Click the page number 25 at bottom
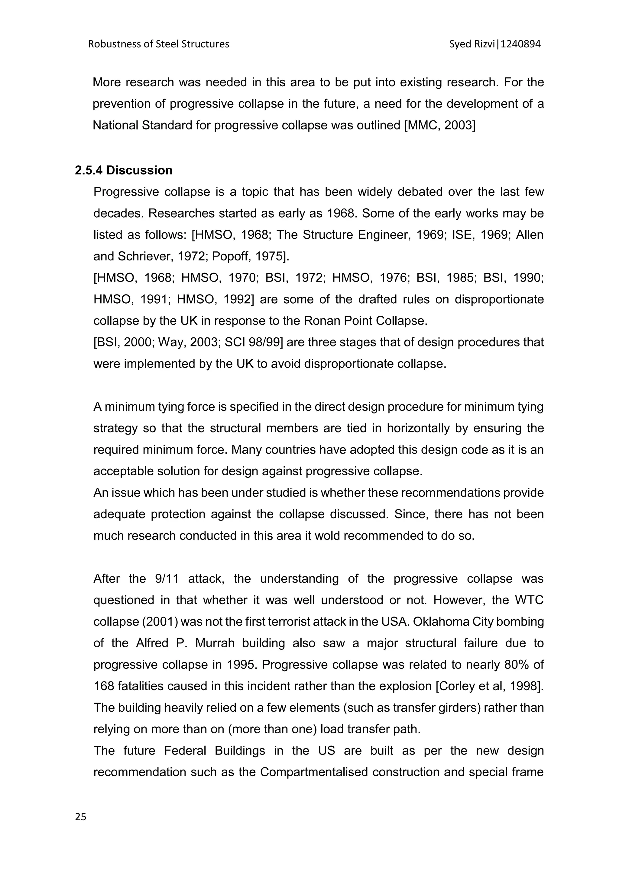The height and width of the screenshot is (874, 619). (81, 817)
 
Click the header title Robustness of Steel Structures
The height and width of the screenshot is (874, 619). (159, 44)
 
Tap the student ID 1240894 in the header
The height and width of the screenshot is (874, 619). (521, 44)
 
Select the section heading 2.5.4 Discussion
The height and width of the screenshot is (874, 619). (124, 170)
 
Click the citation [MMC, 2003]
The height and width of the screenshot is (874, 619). (439, 125)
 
